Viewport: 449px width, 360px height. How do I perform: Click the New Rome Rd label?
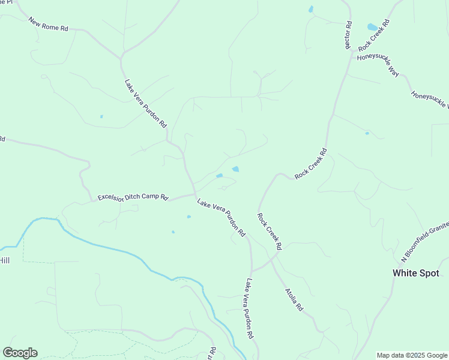pyautogui.click(x=49, y=24)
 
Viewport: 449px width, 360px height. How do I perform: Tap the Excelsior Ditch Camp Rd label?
pyautogui.click(x=133, y=197)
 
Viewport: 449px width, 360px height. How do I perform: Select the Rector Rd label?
pyautogui.click(x=348, y=36)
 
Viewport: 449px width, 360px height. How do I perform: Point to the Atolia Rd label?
pyautogui.click(x=294, y=299)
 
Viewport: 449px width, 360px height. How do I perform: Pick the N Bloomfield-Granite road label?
pyautogui.click(x=425, y=239)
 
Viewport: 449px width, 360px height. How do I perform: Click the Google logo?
pyautogui.click(x=20, y=353)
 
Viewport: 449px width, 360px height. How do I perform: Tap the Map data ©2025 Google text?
pyautogui.click(x=412, y=355)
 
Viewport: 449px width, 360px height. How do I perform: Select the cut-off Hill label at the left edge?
pyautogui.click(x=5, y=260)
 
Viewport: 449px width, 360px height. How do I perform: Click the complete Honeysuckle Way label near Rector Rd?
pyautogui.click(x=378, y=65)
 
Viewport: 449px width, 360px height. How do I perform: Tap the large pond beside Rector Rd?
pyautogui.click(x=372, y=27)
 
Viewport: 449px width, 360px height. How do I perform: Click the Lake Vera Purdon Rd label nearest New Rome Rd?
pyautogui.click(x=145, y=104)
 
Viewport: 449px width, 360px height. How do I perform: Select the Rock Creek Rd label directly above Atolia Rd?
pyautogui.click(x=270, y=231)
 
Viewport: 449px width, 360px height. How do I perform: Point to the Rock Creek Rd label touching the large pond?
pyautogui.click(x=374, y=35)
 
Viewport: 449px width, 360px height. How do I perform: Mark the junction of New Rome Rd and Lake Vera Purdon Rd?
pyautogui.click(x=121, y=58)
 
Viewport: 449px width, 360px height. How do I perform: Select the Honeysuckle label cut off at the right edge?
pyautogui.click(x=430, y=100)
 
